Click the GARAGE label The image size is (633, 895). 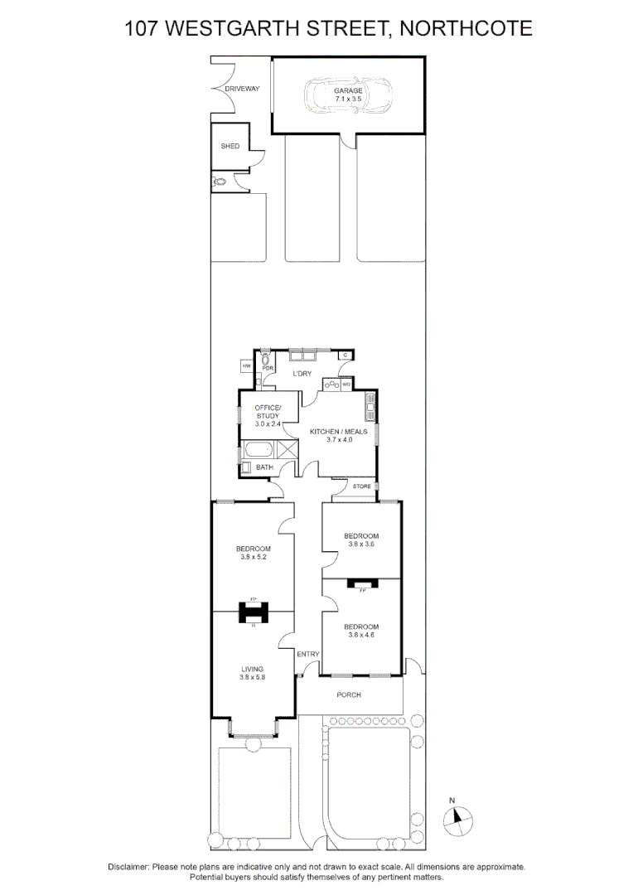pyautogui.click(x=349, y=90)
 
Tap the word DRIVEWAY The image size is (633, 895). pyautogui.click(x=243, y=89)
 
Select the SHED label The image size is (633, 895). pyautogui.click(x=230, y=147)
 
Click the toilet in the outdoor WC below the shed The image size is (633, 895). pyautogui.click(x=220, y=182)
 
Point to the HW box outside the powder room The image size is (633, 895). pyautogui.click(x=246, y=365)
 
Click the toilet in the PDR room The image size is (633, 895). pyautogui.click(x=265, y=360)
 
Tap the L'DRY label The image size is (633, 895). pyautogui.click(x=300, y=374)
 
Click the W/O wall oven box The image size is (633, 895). pyautogui.click(x=346, y=384)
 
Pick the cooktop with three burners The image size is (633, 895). pyautogui.click(x=331, y=384)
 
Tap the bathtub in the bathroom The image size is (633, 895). pyautogui.click(x=258, y=451)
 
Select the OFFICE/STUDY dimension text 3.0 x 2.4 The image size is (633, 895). pyautogui.click(x=268, y=423)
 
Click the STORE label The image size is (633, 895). pyautogui.click(x=361, y=486)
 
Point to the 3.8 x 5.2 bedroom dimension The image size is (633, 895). pyautogui.click(x=253, y=558)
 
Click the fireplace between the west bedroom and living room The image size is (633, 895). pyautogui.click(x=253, y=612)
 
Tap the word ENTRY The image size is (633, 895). pyautogui.click(x=308, y=655)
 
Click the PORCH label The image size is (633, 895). pyautogui.click(x=349, y=694)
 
